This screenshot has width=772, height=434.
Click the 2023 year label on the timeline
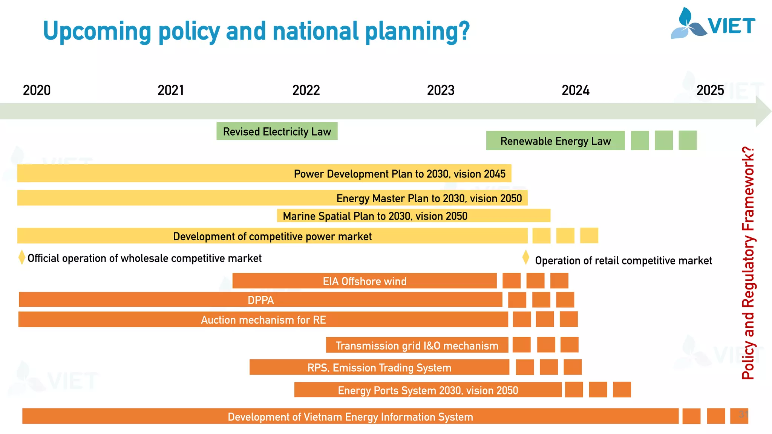[441, 90]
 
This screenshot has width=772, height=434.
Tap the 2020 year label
[37, 90]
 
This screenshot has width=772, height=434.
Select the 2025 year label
[710, 90]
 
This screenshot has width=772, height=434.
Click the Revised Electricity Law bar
[277, 131]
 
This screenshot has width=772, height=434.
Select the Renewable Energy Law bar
[555, 141]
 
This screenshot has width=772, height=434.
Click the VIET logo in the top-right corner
[712, 24]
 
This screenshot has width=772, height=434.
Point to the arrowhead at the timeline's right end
[763, 111]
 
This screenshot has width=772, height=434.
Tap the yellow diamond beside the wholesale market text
[22, 257]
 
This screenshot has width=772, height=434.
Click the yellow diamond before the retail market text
[526, 258]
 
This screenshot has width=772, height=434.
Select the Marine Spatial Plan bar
[414, 216]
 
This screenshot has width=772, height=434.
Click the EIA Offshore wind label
[365, 281]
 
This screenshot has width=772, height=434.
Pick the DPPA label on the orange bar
[260, 300]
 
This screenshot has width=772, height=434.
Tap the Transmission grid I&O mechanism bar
[417, 345]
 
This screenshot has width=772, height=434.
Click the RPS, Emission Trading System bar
[379, 367]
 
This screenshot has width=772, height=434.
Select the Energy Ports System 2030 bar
[428, 390]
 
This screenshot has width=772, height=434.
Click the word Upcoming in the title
[97, 32]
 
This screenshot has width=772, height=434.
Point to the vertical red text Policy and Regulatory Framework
[748, 263]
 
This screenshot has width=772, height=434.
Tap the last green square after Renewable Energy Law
[688, 141]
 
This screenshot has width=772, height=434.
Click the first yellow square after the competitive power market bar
[541, 236]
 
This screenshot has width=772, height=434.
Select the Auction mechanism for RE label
[263, 320]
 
